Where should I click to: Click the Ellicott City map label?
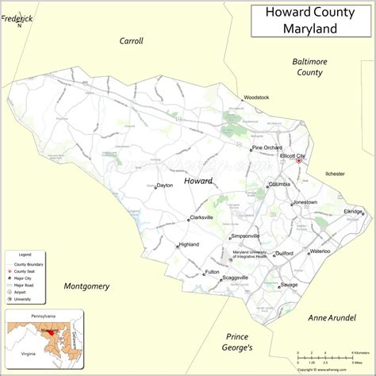(x=293, y=156)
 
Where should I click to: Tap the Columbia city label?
(x=279, y=184)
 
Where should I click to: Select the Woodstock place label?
(x=256, y=98)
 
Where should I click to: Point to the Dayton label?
(x=165, y=186)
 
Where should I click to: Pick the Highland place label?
(x=189, y=244)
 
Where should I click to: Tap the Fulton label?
(x=212, y=272)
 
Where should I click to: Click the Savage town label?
(x=289, y=285)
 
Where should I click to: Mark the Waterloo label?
(x=320, y=251)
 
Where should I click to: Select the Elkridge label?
(x=353, y=212)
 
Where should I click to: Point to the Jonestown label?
(x=305, y=202)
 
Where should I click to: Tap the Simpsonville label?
(x=245, y=236)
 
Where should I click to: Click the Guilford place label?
(x=284, y=254)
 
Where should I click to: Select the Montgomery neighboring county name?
(x=86, y=286)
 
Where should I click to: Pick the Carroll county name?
(x=131, y=40)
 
